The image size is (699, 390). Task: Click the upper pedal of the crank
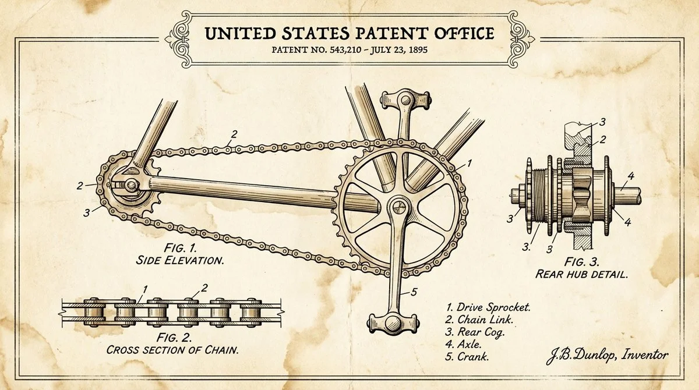(405, 100)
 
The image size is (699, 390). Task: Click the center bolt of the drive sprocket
(398, 207)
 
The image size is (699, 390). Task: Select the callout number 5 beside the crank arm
(414, 292)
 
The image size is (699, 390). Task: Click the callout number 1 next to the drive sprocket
(469, 164)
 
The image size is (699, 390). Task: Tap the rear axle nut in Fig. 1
(131, 186)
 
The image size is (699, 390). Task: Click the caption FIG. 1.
(181, 248)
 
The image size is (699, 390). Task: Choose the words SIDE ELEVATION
(180, 260)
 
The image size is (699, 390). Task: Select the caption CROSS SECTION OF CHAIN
(172, 350)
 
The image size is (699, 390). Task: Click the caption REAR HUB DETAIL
(582, 274)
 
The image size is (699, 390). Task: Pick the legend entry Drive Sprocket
(493, 307)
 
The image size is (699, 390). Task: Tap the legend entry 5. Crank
(467, 357)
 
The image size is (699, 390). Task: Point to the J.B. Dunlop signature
(607, 356)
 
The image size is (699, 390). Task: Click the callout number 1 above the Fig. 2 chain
(144, 290)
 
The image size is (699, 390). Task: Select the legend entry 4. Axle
(464, 345)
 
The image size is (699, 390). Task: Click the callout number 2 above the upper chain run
(234, 134)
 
